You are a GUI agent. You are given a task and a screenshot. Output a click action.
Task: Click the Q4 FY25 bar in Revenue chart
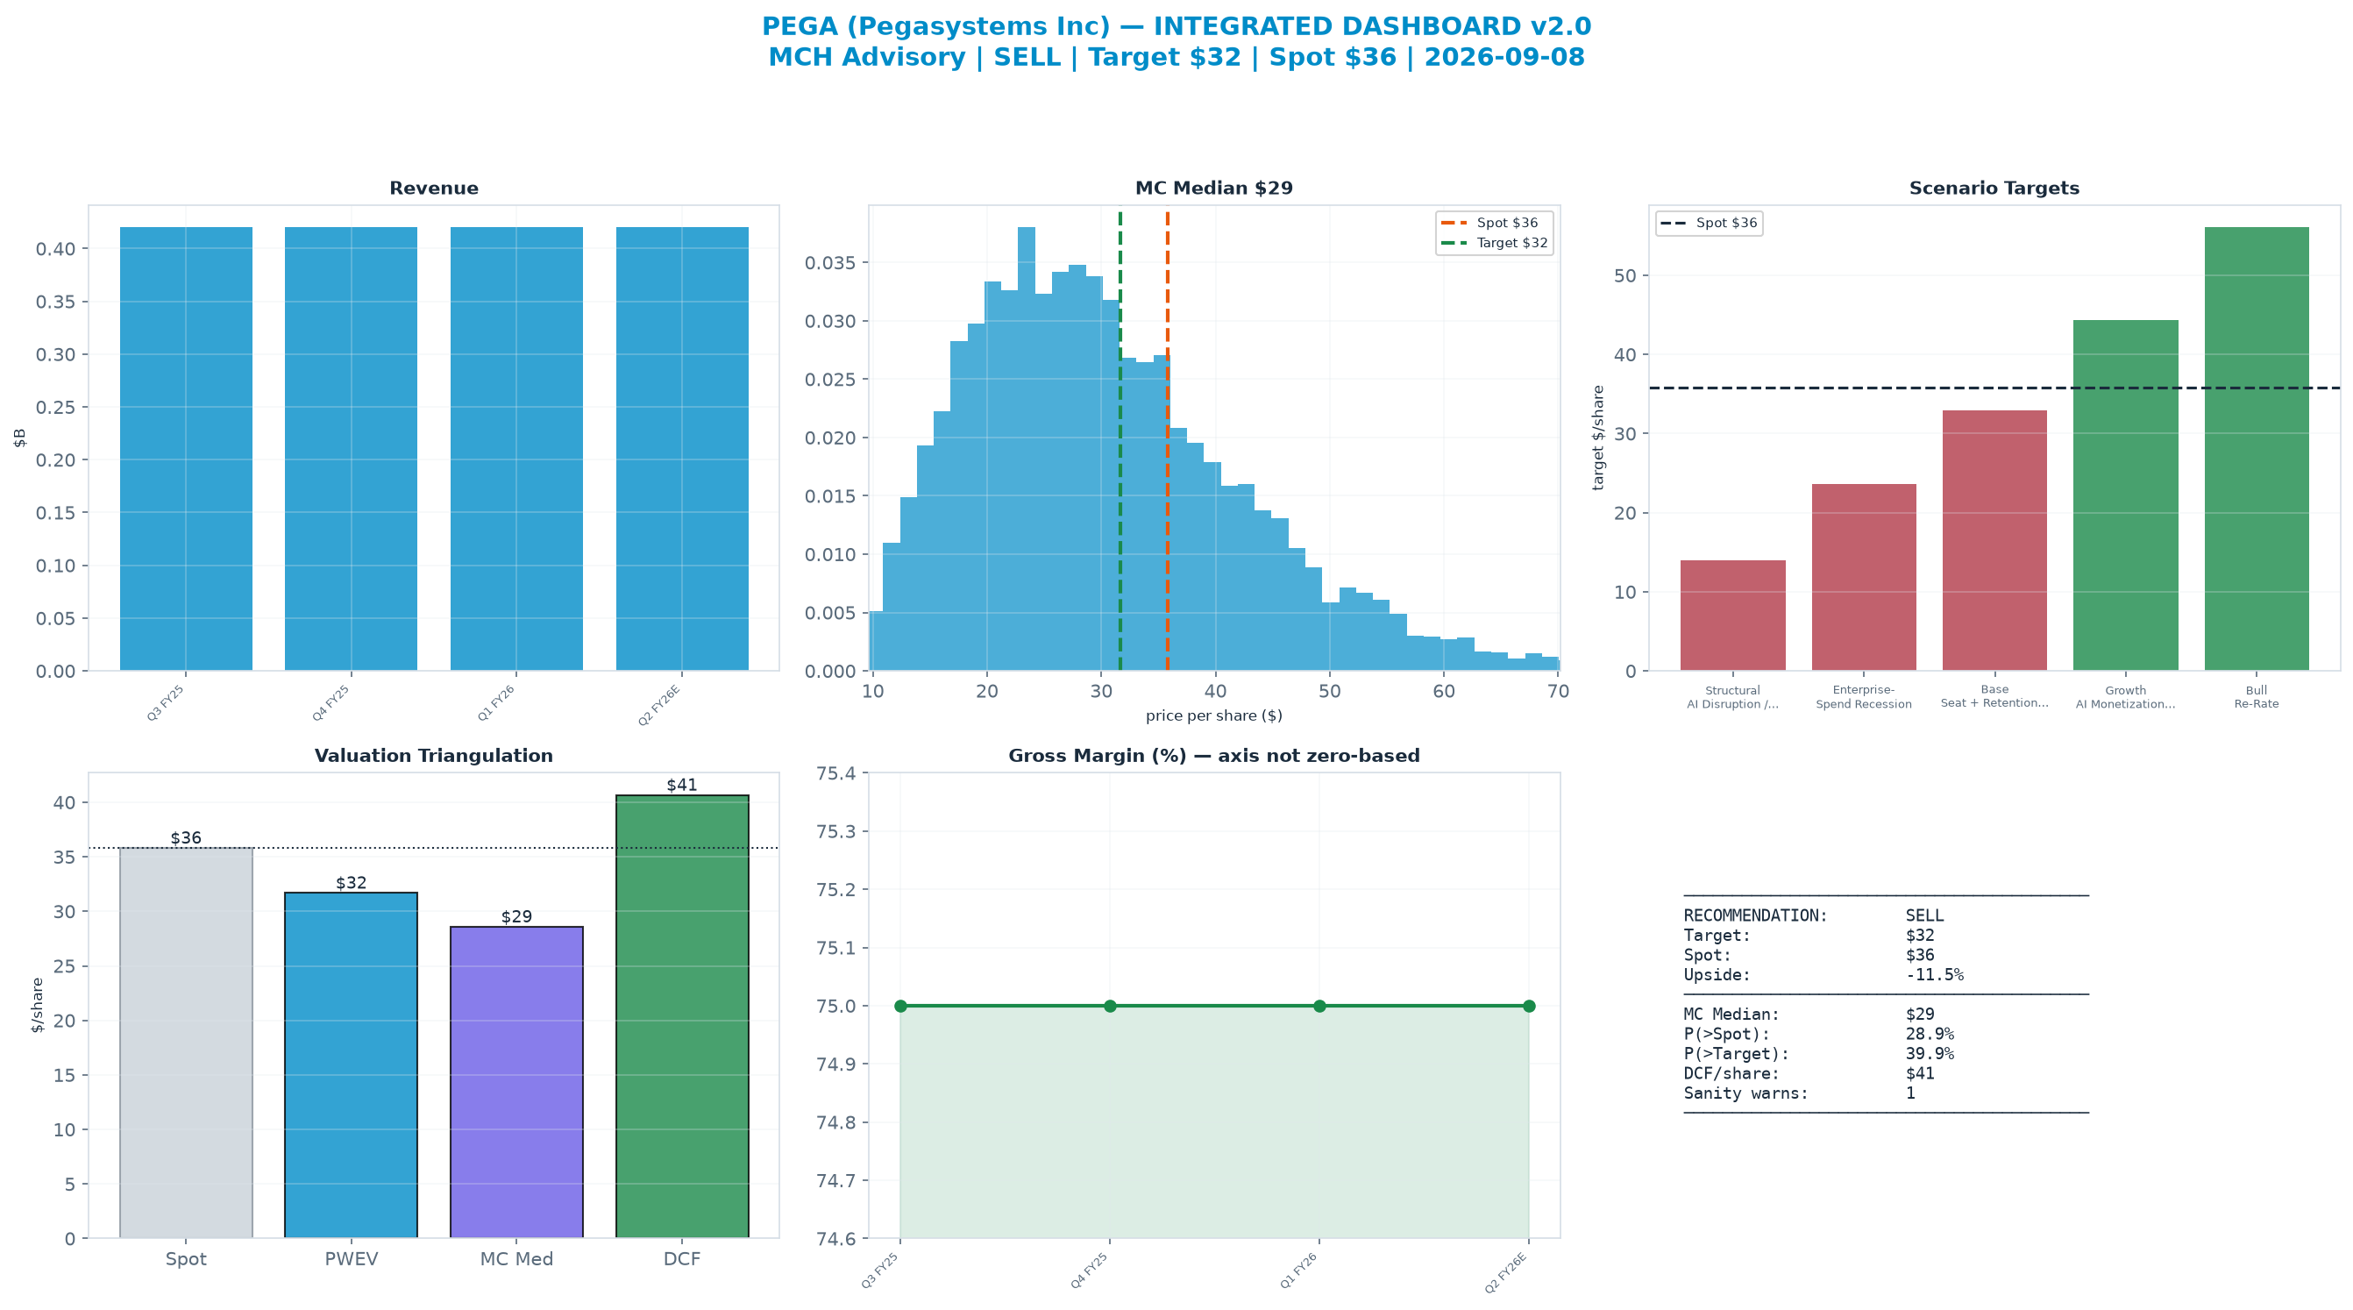[351, 449]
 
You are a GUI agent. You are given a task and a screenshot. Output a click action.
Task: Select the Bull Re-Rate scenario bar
[2257, 449]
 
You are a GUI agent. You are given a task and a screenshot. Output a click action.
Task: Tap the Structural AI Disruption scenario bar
[1733, 616]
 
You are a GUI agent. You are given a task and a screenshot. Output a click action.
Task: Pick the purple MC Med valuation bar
[516, 1083]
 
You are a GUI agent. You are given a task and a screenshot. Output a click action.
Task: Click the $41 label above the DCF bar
[681, 785]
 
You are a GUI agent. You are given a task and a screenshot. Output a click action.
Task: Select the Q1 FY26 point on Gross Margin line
[1319, 1006]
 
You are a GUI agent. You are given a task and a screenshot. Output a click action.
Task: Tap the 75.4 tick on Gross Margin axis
[836, 773]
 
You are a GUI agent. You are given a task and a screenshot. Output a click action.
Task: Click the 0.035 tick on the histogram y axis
[832, 263]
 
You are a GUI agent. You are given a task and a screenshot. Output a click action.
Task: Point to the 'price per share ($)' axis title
[1214, 716]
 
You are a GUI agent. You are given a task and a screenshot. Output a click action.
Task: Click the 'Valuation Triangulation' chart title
[434, 756]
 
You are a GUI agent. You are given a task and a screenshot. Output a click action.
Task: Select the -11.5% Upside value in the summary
[1935, 975]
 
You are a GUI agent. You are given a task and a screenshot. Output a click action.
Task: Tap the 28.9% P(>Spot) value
[1930, 1034]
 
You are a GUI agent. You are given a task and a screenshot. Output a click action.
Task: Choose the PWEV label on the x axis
[351, 1259]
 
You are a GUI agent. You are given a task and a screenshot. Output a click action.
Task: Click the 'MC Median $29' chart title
[1214, 189]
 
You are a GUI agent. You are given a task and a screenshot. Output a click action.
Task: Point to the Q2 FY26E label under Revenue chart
[659, 704]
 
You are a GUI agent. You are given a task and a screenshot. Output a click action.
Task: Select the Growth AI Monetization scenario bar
[2126, 495]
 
